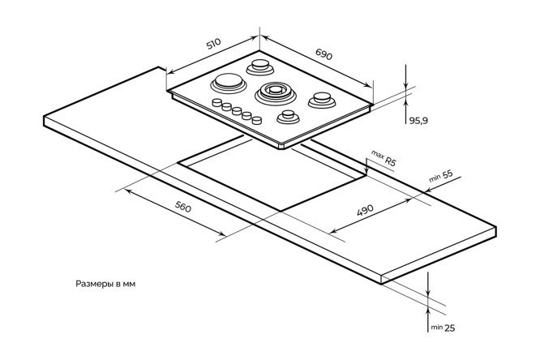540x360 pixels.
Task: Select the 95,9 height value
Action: point(418,119)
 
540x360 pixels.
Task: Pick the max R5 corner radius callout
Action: point(384,157)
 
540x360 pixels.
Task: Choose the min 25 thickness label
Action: point(443,327)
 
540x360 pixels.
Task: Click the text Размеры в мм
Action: point(114,285)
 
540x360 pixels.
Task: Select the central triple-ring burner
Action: point(272,92)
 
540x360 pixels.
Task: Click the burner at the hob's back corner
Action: point(263,65)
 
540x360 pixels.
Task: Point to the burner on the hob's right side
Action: point(321,101)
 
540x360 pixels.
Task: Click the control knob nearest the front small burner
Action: point(256,120)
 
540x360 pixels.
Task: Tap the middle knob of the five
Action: point(237,111)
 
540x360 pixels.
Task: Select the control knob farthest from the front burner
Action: point(217,102)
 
